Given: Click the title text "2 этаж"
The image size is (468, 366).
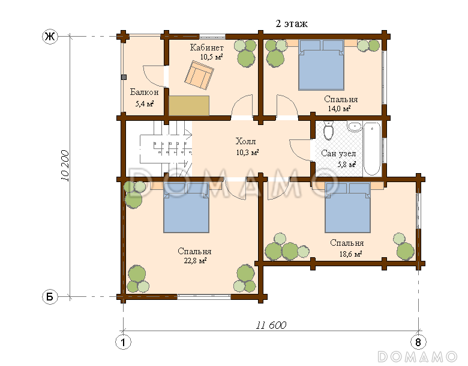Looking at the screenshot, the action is [x=292, y=24].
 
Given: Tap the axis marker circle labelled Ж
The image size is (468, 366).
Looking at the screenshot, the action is [x=50, y=37].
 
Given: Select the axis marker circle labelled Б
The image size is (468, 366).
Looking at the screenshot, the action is [x=50, y=297].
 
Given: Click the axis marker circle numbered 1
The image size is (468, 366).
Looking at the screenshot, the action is [x=123, y=342].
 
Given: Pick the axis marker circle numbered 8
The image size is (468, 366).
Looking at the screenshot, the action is [x=418, y=342].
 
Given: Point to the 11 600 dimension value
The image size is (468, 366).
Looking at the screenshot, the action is [x=271, y=325].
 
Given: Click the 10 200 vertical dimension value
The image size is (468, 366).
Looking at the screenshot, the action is [x=65, y=166].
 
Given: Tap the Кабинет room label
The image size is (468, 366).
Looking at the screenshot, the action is [x=207, y=47].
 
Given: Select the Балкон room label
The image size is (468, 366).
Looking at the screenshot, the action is [x=144, y=92].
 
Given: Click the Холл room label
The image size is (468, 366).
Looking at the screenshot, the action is [x=245, y=141].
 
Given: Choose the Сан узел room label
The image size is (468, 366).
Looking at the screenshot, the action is [x=338, y=153].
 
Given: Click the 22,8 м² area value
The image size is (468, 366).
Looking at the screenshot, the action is [x=195, y=260].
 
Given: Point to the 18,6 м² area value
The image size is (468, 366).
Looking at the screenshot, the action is [x=351, y=254].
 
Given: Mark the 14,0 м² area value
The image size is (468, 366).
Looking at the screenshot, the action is [x=339, y=109].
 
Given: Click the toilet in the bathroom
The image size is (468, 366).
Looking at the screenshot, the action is [x=328, y=131].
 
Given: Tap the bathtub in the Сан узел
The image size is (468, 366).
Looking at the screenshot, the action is [x=372, y=149].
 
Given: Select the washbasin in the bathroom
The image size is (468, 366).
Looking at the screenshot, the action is [x=355, y=127].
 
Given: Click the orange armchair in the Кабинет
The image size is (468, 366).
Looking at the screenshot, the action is [x=199, y=75].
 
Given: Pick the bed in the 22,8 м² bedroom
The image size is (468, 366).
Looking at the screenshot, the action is [x=186, y=208].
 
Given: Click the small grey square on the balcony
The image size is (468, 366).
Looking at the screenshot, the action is [x=124, y=77].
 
